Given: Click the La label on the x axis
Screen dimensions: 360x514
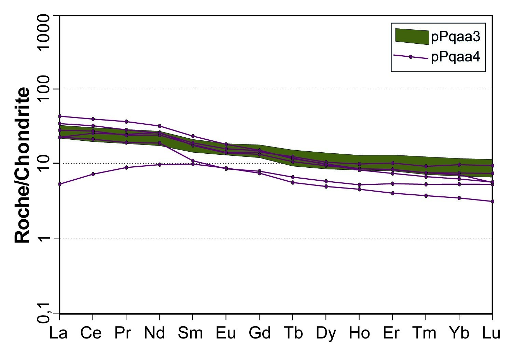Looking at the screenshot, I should pos(58,333).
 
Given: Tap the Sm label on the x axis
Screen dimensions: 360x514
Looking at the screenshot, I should pos(190,333).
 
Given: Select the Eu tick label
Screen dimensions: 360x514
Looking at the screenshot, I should pos(226,333).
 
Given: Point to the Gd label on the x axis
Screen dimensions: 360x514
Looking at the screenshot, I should pos(260,333).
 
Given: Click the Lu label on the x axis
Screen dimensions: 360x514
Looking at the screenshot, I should pos(491,333).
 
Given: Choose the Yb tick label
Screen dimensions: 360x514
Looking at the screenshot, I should pos(459,333).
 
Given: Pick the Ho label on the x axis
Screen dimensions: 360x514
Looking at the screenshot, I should pos(359,333).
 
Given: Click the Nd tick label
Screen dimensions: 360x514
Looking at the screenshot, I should pos(155,333).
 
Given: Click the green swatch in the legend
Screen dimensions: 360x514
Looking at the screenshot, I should pos(412,37).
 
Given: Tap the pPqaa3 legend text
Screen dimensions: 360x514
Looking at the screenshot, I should pos(456,37).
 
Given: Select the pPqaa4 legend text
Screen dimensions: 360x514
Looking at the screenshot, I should pos(456,57).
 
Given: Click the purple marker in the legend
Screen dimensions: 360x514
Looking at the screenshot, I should pos(411,57).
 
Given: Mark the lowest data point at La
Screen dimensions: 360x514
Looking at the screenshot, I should pos(59,184).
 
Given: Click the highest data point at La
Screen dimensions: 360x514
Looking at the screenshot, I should pos(59,116).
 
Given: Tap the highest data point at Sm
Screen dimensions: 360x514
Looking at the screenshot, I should pos(193,136).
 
